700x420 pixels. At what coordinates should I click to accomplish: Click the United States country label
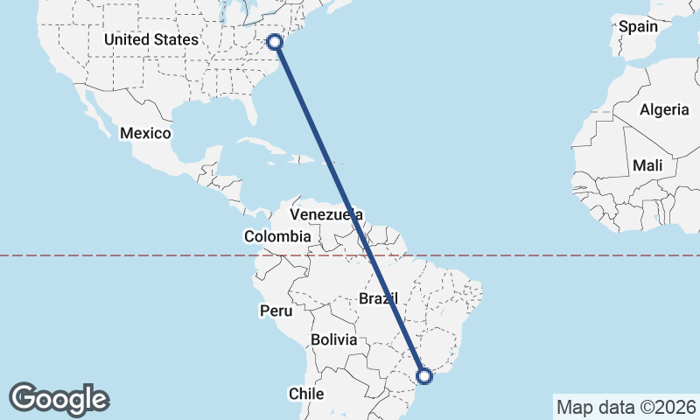pyautogui.click(x=150, y=39)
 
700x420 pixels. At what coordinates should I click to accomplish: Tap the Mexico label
pyautogui.click(x=145, y=133)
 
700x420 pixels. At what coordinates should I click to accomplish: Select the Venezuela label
pyautogui.click(x=325, y=214)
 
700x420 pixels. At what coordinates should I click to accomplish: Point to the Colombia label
pyautogui.click(x=277, y=236)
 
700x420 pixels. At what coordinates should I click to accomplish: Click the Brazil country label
pyautogui.click(x=378, y=298)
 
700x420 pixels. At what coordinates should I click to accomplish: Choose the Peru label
pyautogui.click(x=275, y=311)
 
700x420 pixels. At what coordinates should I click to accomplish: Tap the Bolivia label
pyautogui.click(x=333, y=339)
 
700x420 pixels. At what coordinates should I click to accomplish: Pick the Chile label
pyautogui.click(x=306, y=393)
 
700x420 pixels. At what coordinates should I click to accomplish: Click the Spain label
pyautogui.click(x=638, y=26)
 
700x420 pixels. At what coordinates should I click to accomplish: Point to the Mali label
pyautogui.click(x=647, y=165)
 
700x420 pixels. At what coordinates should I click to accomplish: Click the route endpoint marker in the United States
pyautogui.click(x=275, y=41)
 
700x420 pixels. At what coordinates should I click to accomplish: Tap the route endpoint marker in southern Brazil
pyautogui.click(x=424, y=376)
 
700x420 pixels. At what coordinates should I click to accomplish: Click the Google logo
pyautogui.click(x=59, y=399)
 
